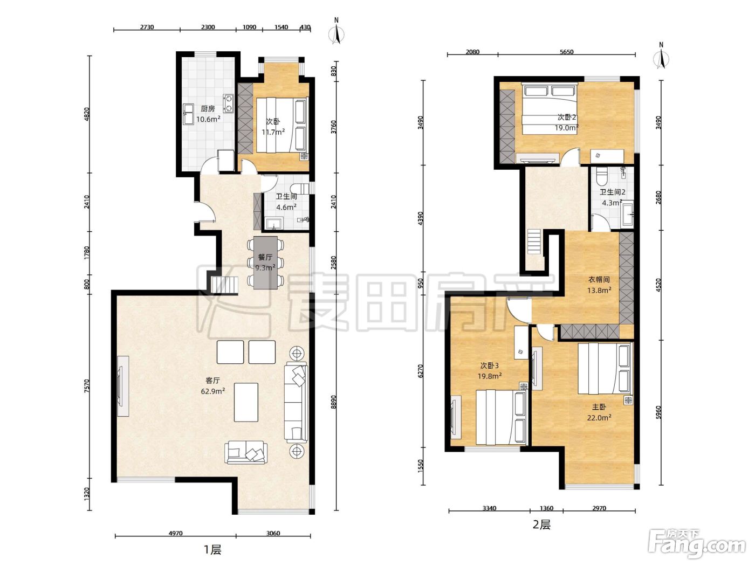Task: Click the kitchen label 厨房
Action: point(208,108)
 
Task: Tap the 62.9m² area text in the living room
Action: point(213,391)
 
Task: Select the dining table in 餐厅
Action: point(265,263)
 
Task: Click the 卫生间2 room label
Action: point(613,192)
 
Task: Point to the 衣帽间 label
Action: point(599,280)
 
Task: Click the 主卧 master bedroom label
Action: point(599,407)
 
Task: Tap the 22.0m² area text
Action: point(599,418)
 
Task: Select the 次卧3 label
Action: point(489,365)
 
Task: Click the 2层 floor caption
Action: point(541,524)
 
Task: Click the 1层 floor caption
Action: point(212,550)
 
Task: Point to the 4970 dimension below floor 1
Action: point(175,533)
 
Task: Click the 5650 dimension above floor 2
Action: point(566,52)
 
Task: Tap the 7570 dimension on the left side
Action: point(87,385)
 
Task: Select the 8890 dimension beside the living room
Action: point(333,402)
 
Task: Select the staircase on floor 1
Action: point(224,285)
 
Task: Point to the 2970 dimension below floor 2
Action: point(599,508)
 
